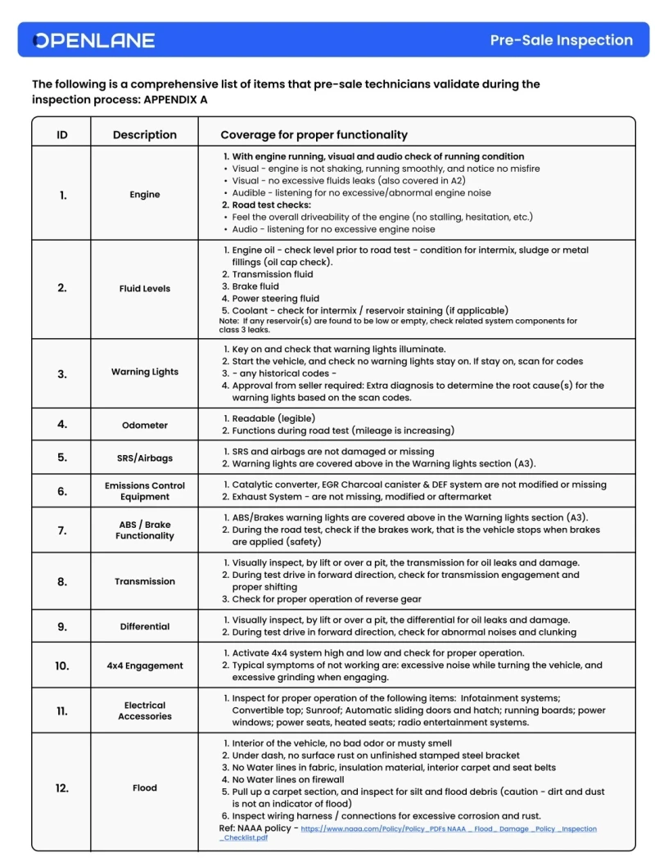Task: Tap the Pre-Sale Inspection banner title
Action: pos(561,40)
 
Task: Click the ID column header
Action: pos(62,135)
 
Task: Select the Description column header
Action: pos(145,135)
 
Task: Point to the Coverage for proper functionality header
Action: pos(314,135)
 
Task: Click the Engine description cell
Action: pos(145,195)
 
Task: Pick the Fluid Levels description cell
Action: pos(145,288)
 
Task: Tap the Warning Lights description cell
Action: pos(145,372)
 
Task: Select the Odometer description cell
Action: pos(145,425)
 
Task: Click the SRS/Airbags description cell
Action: pos(145,458)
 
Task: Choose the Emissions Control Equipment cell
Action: pos(145,491)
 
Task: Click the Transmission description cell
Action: pos(145,581)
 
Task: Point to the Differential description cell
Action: pos(145,626)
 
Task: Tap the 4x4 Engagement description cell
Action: pos(145,666)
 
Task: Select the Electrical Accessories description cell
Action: pos(145,710)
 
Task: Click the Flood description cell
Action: pos(145,787)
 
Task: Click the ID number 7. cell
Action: pos(62,530)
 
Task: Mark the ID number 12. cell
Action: pos(62,787)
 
